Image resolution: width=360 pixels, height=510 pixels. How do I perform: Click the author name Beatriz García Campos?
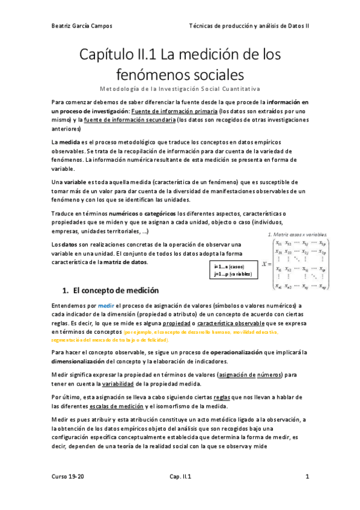click(82, 26)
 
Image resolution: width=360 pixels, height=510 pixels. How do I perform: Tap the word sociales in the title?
click(202, 75)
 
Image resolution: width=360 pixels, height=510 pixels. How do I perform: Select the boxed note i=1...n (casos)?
click(231, 266)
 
